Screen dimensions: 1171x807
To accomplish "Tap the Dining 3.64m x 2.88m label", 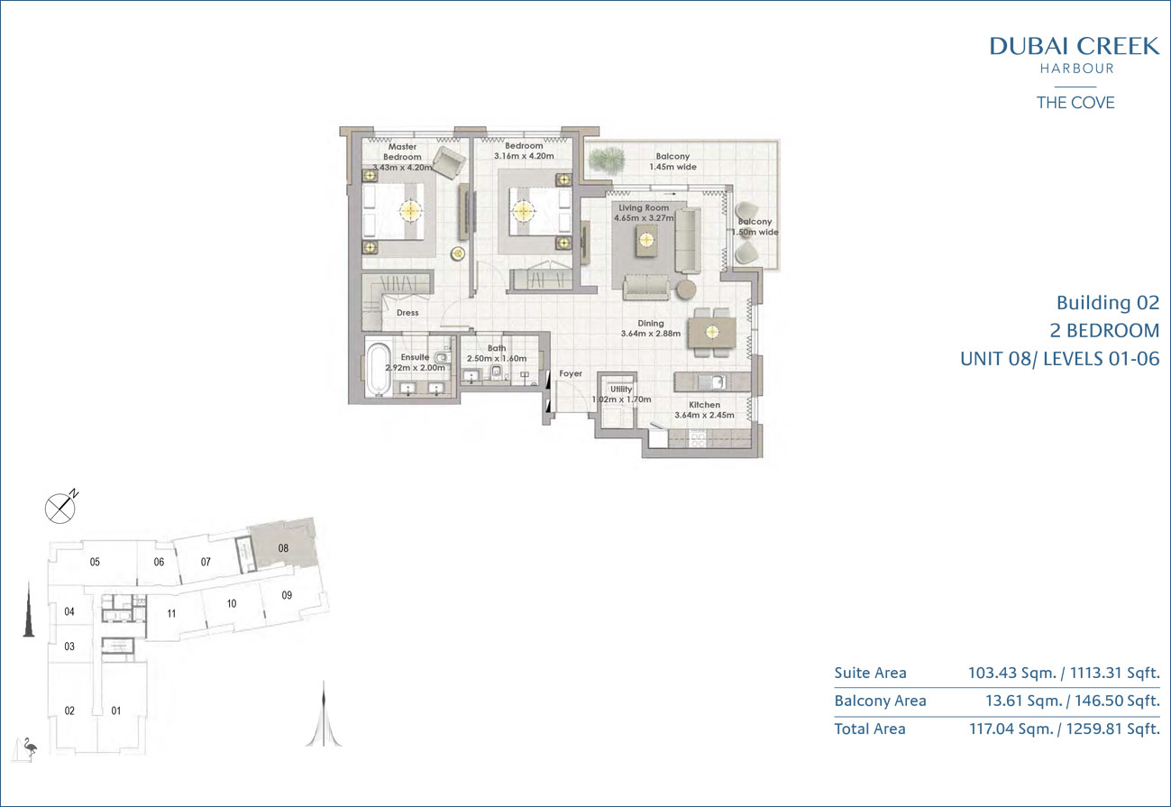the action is [651, 328].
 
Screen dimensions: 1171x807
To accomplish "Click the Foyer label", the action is [571, 373].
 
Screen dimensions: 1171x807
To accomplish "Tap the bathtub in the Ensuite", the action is [378, 369].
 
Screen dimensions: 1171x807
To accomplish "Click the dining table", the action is [712, 333].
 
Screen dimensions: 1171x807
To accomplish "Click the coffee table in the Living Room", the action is [646, 241].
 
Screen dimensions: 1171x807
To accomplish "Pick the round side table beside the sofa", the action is [685, 289].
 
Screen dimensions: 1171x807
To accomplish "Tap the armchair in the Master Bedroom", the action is [449, 162].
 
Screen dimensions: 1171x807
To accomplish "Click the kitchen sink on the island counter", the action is [711, 382].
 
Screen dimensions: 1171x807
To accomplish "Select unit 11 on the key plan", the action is [172, 614].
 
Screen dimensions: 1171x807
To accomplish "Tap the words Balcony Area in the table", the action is [881, 701].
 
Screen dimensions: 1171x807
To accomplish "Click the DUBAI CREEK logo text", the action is [1075, 47].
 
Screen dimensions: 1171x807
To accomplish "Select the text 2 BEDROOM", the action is [1104, 331].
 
